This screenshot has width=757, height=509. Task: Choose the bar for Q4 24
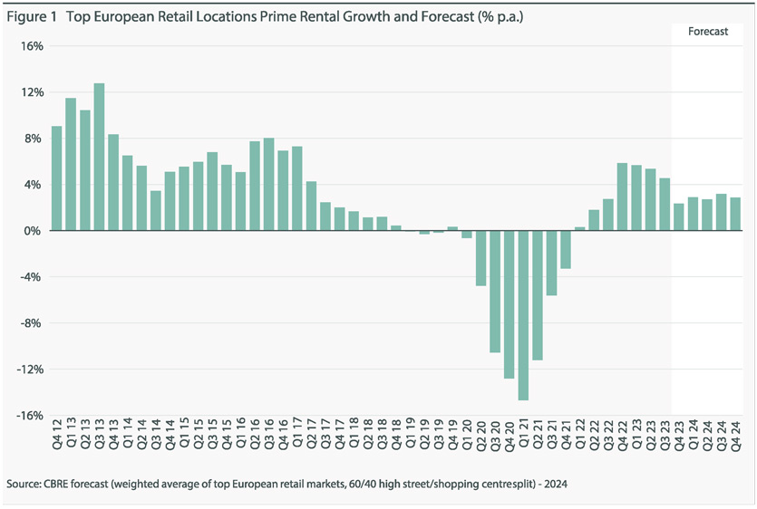[735, 215]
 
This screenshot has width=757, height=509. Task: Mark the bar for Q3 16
[268, 185]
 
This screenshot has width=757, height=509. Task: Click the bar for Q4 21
[566, 250]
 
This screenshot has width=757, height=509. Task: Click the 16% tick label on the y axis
[32, 46]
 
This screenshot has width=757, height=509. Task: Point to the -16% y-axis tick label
[30, 416]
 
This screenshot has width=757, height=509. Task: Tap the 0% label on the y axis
[34, 231]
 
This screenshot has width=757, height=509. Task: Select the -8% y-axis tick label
[32, 323]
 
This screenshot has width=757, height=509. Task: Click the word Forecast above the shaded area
[708, 31]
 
